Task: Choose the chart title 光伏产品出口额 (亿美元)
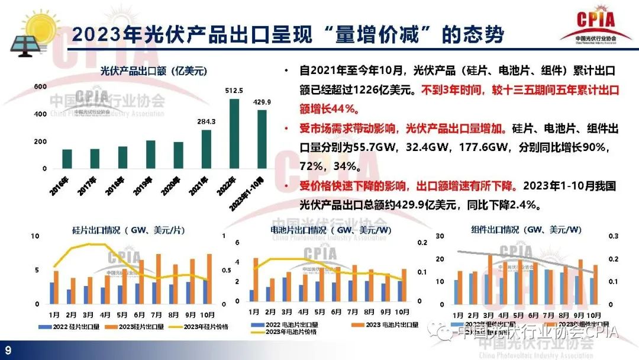click(x=153, y=72)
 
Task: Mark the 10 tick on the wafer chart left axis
click(x=35, y=236)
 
